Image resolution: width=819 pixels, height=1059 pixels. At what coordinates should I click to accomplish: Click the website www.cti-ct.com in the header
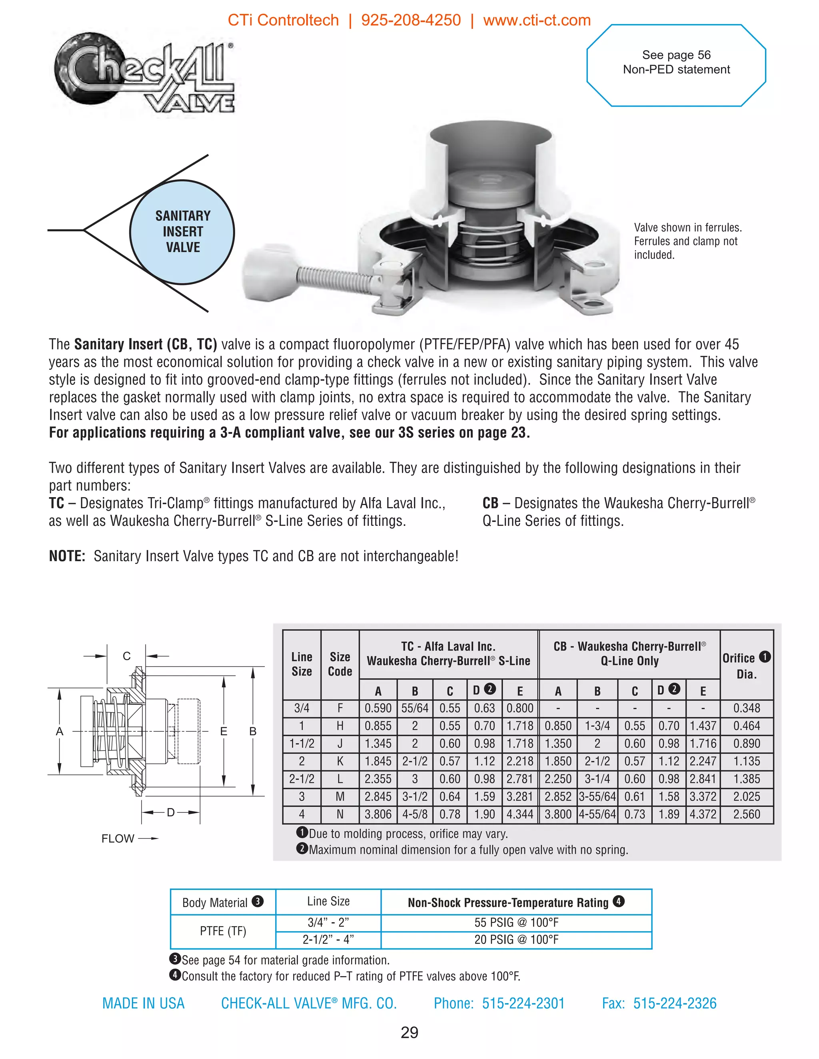537,20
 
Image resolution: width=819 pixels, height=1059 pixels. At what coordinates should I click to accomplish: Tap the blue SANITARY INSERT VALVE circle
182,232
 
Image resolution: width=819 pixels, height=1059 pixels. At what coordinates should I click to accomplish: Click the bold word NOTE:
67,556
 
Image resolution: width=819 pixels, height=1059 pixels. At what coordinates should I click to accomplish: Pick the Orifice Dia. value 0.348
746,709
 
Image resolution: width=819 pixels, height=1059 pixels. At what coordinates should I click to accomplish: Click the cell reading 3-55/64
597,797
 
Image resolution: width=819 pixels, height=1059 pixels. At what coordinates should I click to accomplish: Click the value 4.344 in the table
519,814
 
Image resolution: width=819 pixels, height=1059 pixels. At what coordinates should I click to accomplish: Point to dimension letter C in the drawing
127,656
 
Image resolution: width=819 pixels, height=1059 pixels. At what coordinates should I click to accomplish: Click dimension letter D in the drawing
170,812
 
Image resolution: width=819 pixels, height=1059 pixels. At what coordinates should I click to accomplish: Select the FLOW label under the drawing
118,839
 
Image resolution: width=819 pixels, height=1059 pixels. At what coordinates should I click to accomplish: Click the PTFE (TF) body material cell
223,931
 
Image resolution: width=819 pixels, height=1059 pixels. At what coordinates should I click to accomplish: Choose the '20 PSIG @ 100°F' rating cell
516,940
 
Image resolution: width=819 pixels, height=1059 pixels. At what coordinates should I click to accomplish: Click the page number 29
409,1033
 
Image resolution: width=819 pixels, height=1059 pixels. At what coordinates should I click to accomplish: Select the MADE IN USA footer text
143,1003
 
